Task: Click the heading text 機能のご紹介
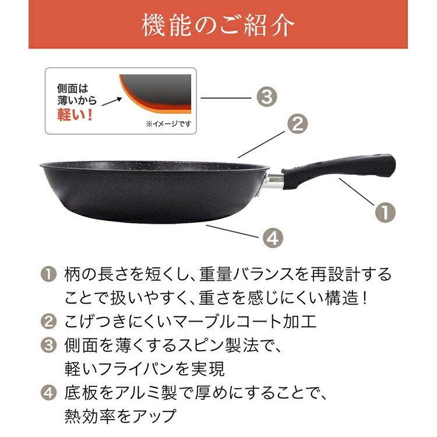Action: [218, 25]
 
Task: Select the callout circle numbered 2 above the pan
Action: [297, 124]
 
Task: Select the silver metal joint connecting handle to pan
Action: [273, 181]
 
